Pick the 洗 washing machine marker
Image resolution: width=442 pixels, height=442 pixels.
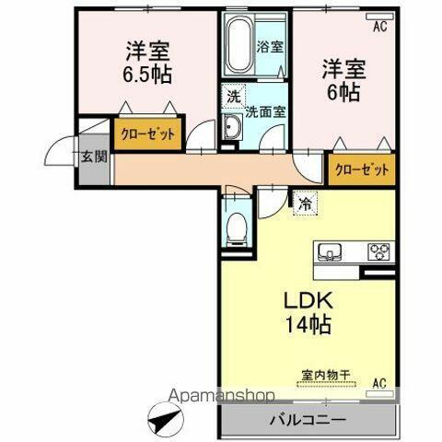coord(233,94)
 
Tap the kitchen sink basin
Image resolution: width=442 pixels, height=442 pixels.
coord(331,251)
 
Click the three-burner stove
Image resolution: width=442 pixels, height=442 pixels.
coord(378,250)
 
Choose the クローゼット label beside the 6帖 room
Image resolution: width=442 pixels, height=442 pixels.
coord(361,169)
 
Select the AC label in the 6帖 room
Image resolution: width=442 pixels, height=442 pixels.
coord(379,28)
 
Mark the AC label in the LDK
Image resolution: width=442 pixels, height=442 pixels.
coord(378,383)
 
